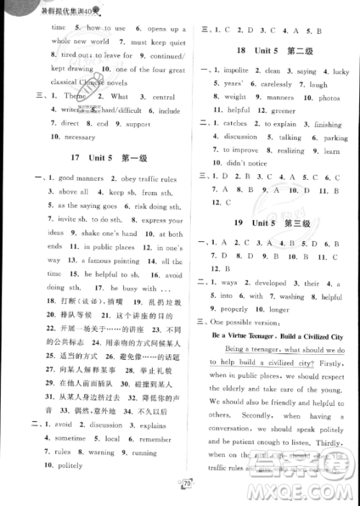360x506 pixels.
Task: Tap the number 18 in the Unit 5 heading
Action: [241, 51]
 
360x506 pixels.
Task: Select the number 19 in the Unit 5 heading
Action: [241, 224]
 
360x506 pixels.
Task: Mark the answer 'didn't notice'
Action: [253, 163]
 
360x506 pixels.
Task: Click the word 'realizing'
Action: [291, 150]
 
